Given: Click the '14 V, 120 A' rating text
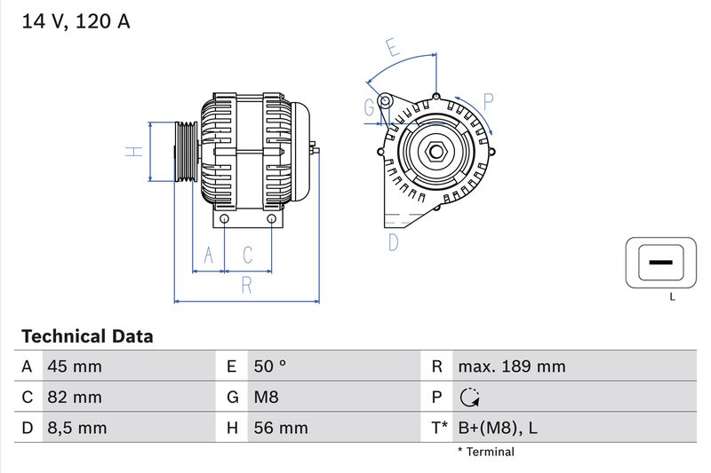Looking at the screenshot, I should [x=76, y=22].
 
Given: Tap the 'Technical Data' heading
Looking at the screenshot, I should [x=87, y=336].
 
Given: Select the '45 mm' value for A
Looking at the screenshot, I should [x=74, y=367].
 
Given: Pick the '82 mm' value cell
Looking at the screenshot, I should [x=74, y=398].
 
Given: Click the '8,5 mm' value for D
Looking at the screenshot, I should [x=76, y=428].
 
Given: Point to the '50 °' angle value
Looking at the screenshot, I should [x=270, y=367].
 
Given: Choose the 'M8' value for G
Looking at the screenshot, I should [x=267, y=398].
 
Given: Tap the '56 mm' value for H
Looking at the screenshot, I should [x=280, y=428].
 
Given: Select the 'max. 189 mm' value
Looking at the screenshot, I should [x=511, y=367].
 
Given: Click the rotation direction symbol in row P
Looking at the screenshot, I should [x=469, y=398].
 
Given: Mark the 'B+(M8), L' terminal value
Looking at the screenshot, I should [x=497, y=428].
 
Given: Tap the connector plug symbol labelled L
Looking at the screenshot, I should [x=659, y=264].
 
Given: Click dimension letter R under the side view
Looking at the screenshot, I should [x=247, y=285].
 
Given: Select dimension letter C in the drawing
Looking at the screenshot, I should [x=248, y=256].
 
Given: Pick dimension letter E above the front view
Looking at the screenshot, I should [x=392, y=48].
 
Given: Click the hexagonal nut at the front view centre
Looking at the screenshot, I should [x=435, y=152].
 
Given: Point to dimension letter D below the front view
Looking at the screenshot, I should [x=393, y=241].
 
